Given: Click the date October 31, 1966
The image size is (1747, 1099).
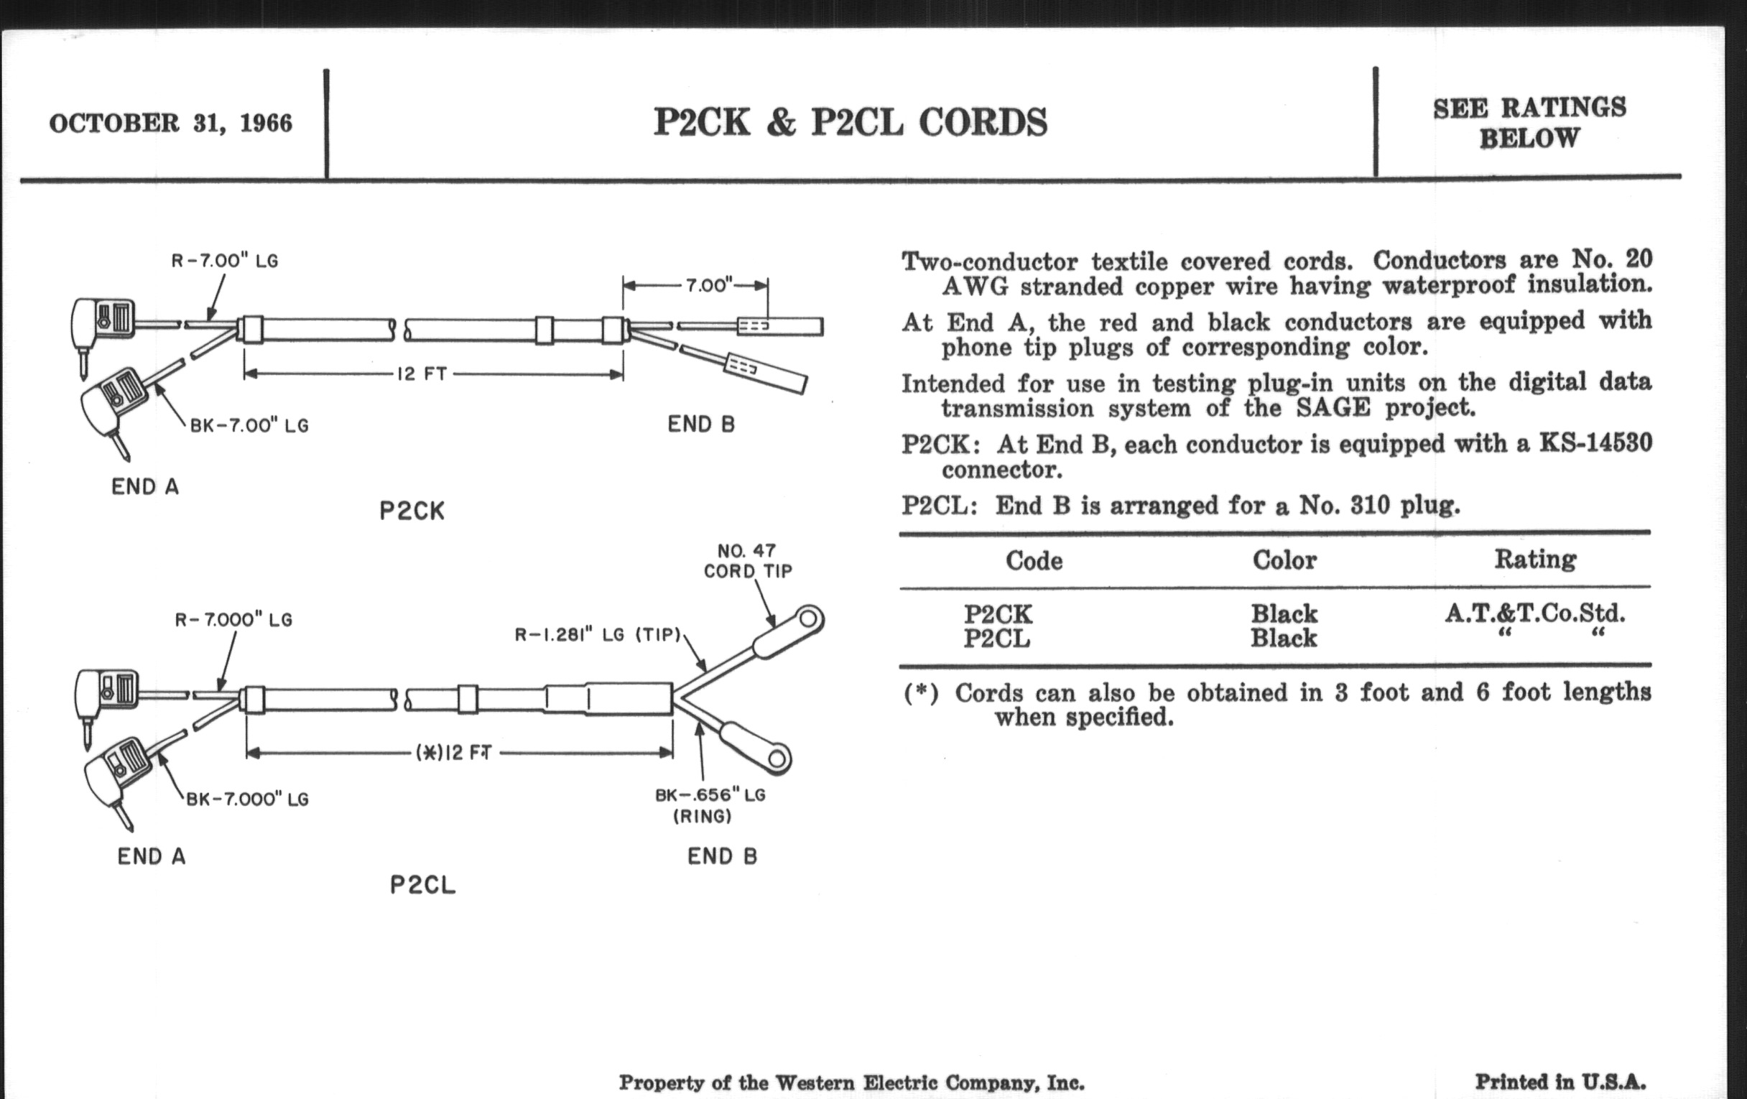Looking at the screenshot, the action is click(x=170, y=124).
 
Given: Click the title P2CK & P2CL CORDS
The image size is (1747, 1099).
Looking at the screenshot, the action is click(x=851, y=122).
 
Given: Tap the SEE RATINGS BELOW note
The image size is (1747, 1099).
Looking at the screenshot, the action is click(x=1529, y=123).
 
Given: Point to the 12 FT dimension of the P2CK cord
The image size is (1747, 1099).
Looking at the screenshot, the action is click(x=422, y=374).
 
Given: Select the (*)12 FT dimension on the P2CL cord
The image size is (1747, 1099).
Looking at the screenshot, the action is click(x=454, y=753).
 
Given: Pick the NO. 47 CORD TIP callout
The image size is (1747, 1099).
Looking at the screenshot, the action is click(x=747, y=561).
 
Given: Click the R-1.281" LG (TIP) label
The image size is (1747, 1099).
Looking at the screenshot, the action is click(x=598, y=635).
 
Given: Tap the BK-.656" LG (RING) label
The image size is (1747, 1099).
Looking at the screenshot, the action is click(x=710, y=806).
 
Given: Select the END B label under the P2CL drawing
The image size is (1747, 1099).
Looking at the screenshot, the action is click(x=723, y=857).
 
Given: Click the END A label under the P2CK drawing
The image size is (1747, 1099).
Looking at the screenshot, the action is click(x=145, y=487).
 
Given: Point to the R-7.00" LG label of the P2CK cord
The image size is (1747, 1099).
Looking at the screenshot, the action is click(x=225, y=261).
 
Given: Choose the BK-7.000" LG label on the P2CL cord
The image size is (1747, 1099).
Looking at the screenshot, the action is click(x=247, y=799).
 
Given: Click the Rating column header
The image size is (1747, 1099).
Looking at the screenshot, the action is click(x=1535, y=560).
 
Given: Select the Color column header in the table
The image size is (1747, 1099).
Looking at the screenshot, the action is click(x=1284, y=560).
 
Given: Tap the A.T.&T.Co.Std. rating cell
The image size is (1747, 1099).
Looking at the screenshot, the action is click(x=1534, y=613).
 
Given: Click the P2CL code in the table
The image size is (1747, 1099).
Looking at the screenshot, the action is click(x=997, y=639).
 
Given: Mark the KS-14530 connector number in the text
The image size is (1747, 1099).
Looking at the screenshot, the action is click(x=1596, y=442).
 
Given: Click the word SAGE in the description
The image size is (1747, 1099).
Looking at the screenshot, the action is click(x=1333, y=408).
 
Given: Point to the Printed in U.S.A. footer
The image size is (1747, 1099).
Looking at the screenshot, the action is click(x=1560, y=1082).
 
